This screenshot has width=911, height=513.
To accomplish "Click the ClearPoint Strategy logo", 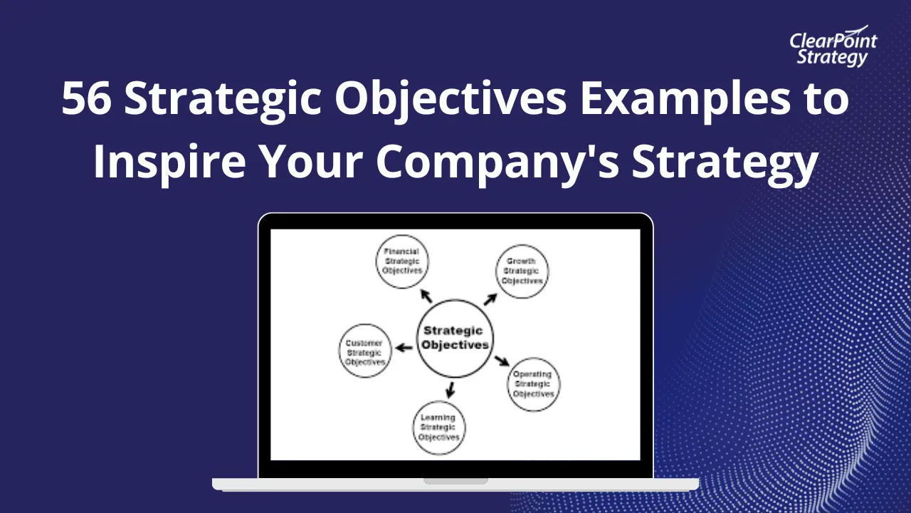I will (x=833, y=48).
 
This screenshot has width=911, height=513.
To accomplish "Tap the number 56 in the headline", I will (x=87, y=100).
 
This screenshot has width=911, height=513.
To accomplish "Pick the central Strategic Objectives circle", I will (x=455, y=338).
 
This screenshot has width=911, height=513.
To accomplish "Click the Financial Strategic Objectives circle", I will (x=402, y=261).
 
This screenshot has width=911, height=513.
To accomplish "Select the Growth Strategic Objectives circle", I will (x=522, y=271).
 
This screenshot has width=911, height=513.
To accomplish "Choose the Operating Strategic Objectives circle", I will (x=534, y=383).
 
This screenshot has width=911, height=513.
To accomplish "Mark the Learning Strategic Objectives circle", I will (x=439, y=427).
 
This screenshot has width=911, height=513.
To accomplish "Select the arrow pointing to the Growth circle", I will (x=490, y=299).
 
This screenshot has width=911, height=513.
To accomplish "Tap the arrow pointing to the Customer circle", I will (x=404, y=348).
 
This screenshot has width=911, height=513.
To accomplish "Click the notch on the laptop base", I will (x=455, y=481).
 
